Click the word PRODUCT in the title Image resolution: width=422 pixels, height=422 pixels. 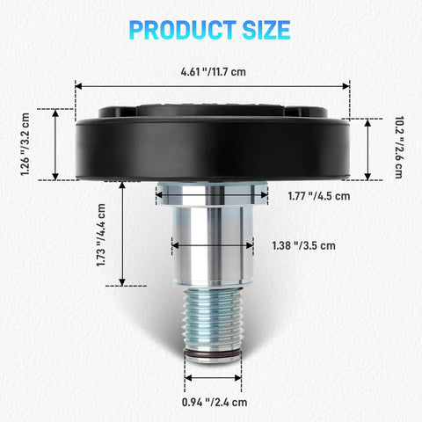183,30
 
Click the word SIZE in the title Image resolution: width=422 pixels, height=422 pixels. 266,30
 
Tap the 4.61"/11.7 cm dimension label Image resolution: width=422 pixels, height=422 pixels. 213,72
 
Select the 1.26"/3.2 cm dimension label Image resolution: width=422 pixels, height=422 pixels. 25,144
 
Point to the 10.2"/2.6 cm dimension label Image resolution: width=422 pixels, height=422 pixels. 399,147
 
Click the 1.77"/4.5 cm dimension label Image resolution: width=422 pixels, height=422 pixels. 319,196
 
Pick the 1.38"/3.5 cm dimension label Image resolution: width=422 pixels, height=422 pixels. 304,245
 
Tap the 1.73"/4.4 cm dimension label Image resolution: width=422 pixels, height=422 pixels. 101,235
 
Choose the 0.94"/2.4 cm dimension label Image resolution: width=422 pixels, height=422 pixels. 215,403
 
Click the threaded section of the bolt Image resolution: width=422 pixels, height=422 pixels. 213,319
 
